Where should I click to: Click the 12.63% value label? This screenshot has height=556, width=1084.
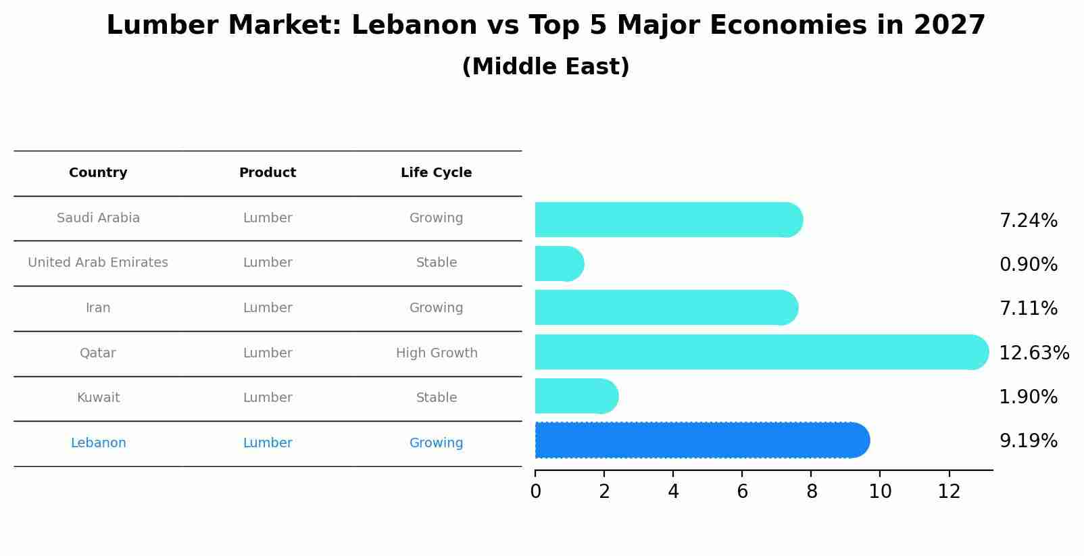pyautogui.click(x=1033, y=353)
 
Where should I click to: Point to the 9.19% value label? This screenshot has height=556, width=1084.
pyautogui.click(x=1028, y=441)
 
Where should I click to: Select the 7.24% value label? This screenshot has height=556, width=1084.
pyautogui.click(x=1028, y=221)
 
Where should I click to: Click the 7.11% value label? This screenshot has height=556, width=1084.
pyautogui.click(x=1028, y=309)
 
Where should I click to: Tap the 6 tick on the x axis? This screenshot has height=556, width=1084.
pyautogui.click(x=742, y=492)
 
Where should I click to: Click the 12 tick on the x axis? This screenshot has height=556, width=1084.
pyautogui.click(x=949, y=492)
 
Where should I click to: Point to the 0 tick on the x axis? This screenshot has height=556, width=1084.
pyautogui.click(x=535, y=492)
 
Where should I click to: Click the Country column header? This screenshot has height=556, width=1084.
pyautogui.click(x=98, y=173)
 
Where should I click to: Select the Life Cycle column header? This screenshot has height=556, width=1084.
pyautogui.click(x=436, y=173)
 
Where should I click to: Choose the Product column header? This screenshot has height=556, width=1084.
pyautogui.click(x=268, y=173)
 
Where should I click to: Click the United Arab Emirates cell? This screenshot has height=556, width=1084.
pyautogui.click(x=98, y=263)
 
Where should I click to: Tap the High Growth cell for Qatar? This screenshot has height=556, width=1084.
pyautogui.click(x=437, y=353)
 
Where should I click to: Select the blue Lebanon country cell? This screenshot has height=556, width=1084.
pyautogui.click(x=98, y=443)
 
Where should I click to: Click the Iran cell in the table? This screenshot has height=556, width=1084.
pyautogui.click(x=98, y=308)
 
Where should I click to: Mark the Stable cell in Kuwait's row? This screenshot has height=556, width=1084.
pyautogui.click(x=437, y=398)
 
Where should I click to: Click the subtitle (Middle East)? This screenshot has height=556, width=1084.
pyautogui.click(x=545, y=67)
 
